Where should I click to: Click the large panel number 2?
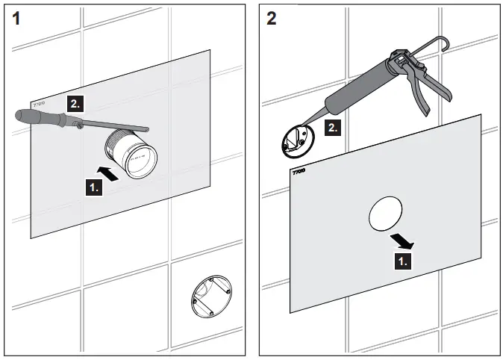click(x=270, y=18)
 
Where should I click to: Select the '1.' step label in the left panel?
click(x=94, y=188)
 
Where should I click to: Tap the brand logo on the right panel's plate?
click(x=299, y=172)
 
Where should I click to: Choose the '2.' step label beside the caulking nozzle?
click(x=333, y=128)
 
